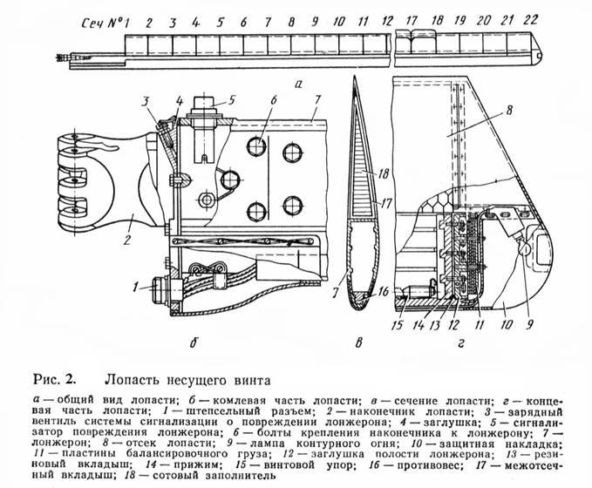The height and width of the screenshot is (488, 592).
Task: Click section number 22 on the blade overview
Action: [533, 18]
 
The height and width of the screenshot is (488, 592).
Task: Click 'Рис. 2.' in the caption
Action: [55, 378]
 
